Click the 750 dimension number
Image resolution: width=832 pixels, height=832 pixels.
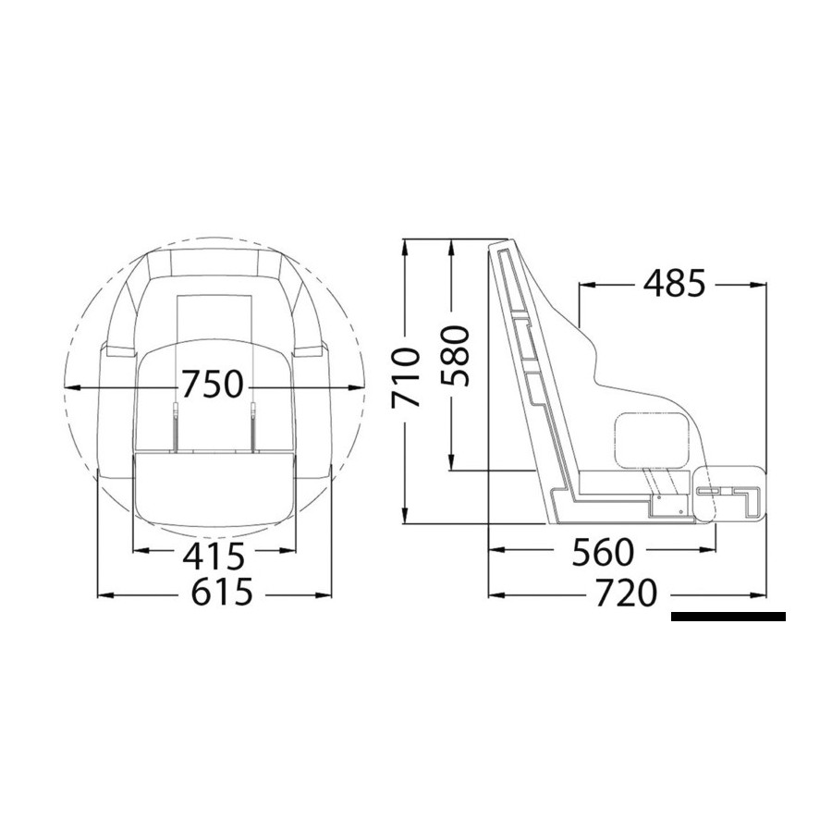(x=213, y=385)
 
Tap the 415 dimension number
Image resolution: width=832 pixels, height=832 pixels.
(x=214, y=555)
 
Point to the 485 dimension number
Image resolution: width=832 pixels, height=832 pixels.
(x=675, y=283)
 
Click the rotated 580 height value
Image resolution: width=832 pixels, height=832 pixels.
(x=456, y=356)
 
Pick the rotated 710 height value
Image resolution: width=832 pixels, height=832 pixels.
(x=406, y=377)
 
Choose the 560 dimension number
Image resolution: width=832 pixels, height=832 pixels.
(x=603, y=552)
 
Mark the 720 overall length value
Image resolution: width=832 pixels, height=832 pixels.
(x=626, y=593)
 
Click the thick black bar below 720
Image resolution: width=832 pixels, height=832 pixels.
(x=728, y=617)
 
